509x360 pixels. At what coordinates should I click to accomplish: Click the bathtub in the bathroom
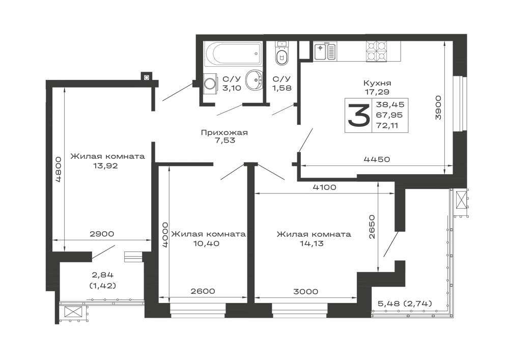tap(233, 54)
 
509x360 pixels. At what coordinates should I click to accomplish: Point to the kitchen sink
tap(325, 51)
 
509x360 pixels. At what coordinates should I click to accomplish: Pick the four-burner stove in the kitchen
tap(377, 51)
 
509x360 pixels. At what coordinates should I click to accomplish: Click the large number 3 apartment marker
tap(359, 115)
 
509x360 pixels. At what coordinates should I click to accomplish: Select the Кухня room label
tap(377, 83)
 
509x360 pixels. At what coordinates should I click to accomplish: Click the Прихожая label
tap(224, 132)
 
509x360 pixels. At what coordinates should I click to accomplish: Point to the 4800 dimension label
tap(59, 170)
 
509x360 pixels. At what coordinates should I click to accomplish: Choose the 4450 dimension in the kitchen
tap(377, 159)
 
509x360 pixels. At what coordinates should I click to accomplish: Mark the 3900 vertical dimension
tap(438, 107)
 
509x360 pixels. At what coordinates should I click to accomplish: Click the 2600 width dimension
tap(203, 291)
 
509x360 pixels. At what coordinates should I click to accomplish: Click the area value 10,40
tap(207, 243)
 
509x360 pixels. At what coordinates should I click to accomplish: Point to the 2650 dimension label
tap(372, 227)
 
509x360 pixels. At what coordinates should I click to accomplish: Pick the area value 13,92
tap(105, 166)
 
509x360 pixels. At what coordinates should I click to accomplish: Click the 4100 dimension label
tap(324, 187)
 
